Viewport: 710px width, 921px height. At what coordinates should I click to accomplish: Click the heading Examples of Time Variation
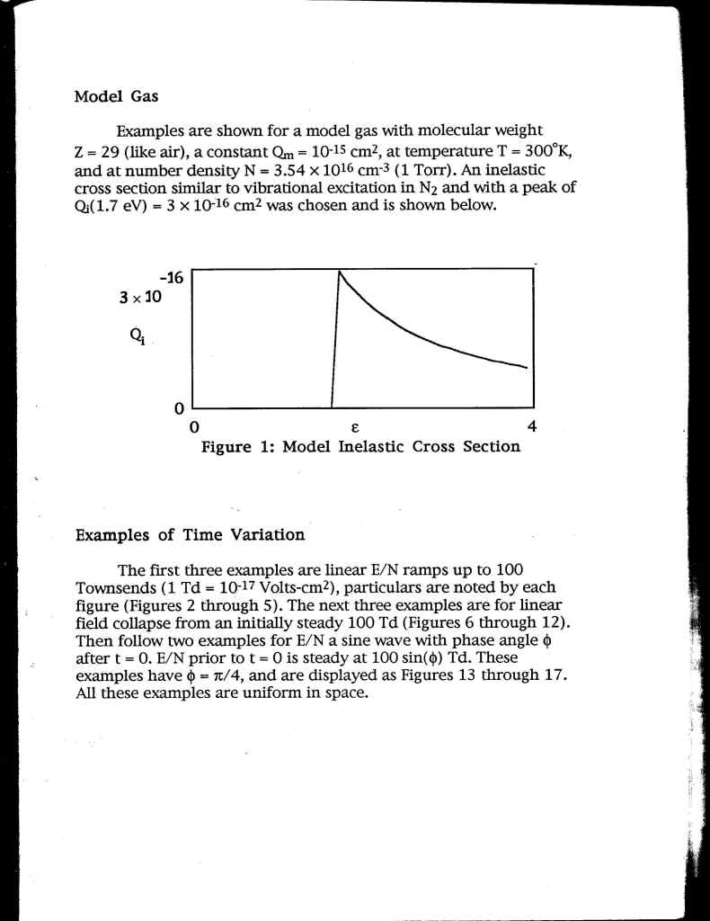tap(190, 535)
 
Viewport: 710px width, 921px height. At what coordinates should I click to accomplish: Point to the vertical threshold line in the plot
tap(333, 360)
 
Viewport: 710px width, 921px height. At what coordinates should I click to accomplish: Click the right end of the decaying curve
tap(526, 367)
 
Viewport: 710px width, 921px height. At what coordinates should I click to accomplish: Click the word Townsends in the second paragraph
tap(111, 588)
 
